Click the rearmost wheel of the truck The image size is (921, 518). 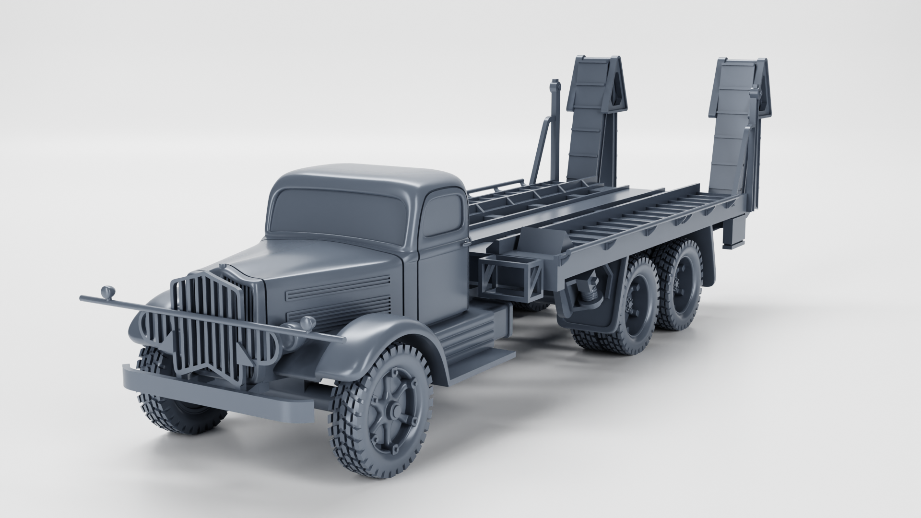[679, 288]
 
